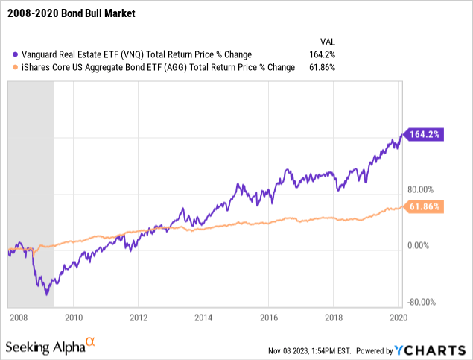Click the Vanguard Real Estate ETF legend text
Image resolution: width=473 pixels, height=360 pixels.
pyautogui.click(x=127, y=54)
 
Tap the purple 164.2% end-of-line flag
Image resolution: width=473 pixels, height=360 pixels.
pyautogui.click(x=425, y=134)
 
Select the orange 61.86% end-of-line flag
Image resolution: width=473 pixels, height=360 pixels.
pyautogui.click(x=425, y=206)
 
